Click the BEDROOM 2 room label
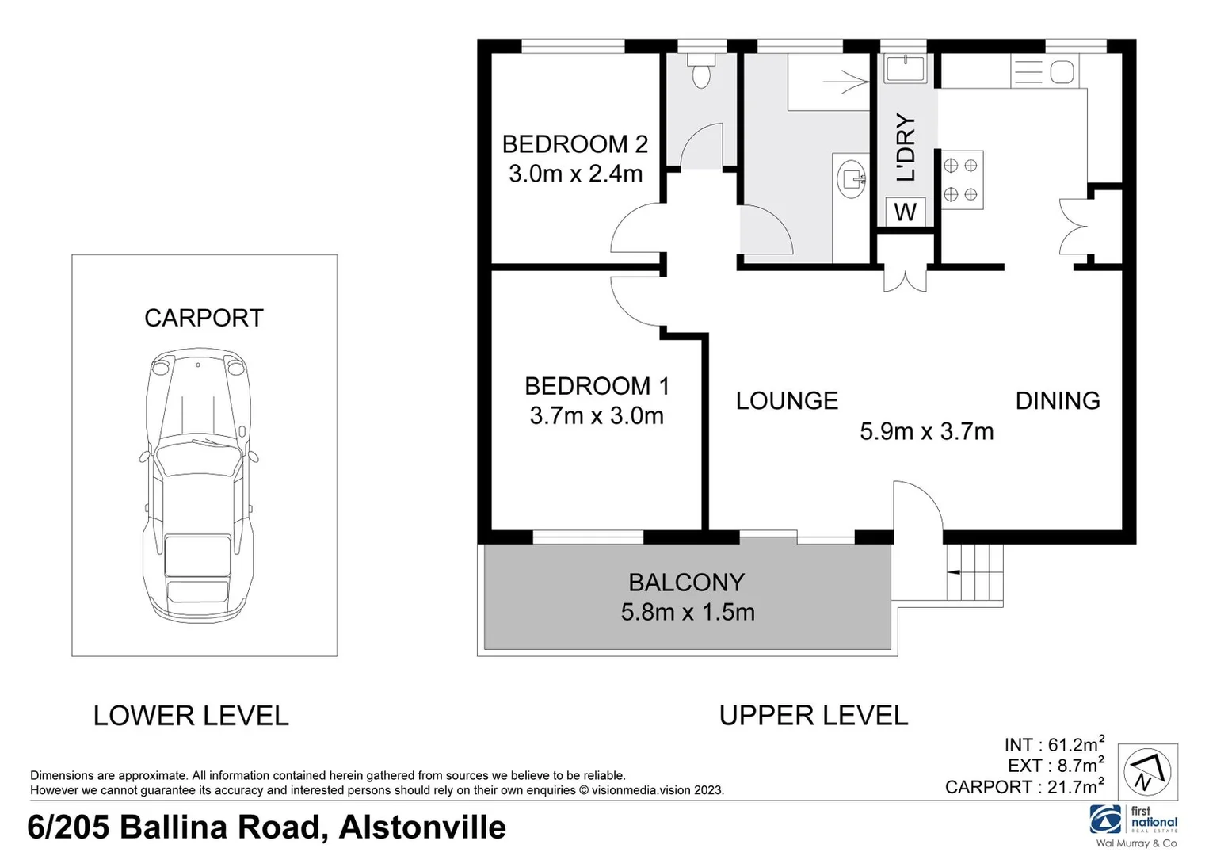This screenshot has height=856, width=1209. pyautogui.click(x=574, y=144)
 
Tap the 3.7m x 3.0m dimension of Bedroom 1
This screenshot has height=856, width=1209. pyautogui.click(x=596, y=415)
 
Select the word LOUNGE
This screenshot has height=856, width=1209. pyautogui.click(x=786, y=401)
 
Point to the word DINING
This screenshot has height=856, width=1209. pyautogui.click(x=1057, y=401)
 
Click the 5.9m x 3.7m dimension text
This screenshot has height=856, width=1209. pyautogui.click(x=926, y=431)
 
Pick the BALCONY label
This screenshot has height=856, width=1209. pyautogui.click(x=686, y=583)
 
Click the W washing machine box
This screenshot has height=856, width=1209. pyautogui.click(x=905, y=212)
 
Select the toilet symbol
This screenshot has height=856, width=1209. pyautogui.click(x=700, y=70)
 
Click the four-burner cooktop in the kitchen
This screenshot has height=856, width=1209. pyautogui.click(x=961, y=180)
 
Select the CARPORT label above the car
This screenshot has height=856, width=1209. pyautogui.click(x=204, y=318)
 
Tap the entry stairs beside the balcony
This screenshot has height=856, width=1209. pyautogui.click(x=974, y=572)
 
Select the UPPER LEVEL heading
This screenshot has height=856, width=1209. pyautogui.click(x=813, y=716)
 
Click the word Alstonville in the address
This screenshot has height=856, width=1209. pyautogui.click(x=422, y=827)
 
